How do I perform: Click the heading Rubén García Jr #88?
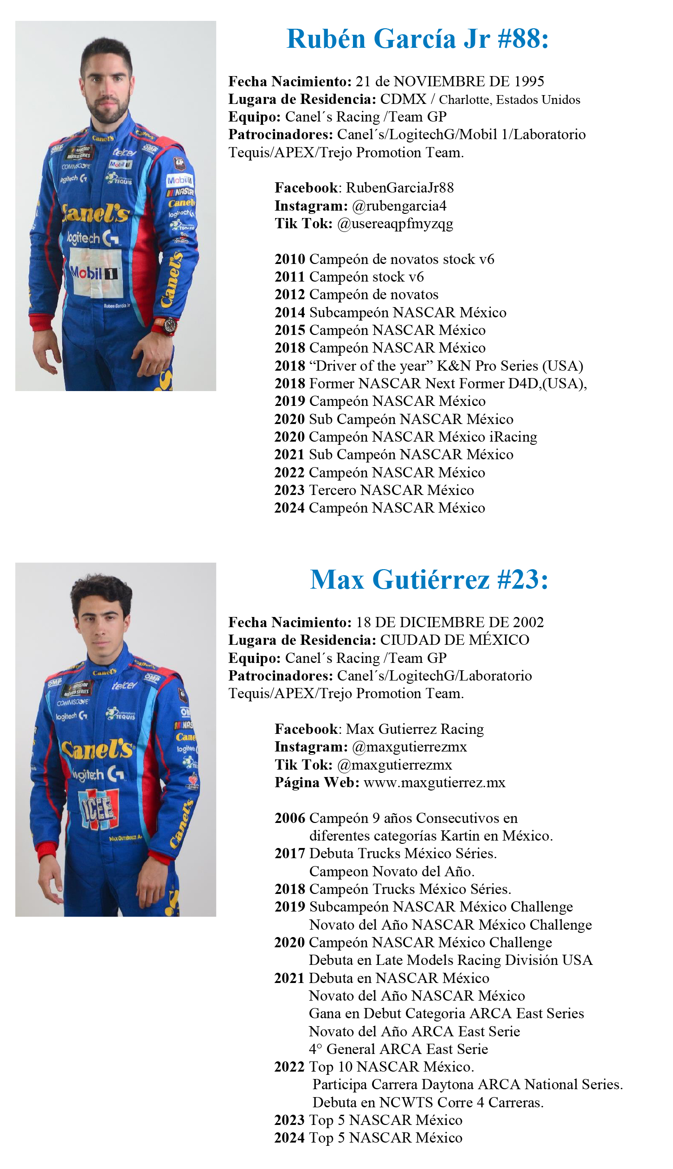click(417, 39)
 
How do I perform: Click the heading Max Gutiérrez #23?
click(429, 580)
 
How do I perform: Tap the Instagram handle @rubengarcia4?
click(399, 206)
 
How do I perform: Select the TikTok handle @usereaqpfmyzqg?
click(395, 224)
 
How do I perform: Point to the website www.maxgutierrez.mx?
click(435, 783)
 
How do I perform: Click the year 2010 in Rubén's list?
click(290, 259)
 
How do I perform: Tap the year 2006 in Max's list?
click(290, 818)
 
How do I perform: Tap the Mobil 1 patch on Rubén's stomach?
click(95, 273)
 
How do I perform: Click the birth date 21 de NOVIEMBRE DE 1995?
click(449, 82)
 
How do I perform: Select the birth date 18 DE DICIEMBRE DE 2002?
click(449, 623)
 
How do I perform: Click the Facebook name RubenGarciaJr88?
click(400, 188)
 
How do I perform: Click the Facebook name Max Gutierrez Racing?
click(415, 729)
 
